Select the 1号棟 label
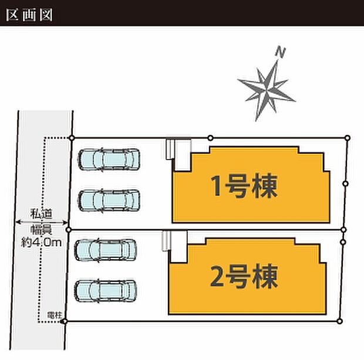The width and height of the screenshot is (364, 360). coord(244,188)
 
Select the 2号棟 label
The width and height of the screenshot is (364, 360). coord(244,276)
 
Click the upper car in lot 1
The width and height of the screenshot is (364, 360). coord(110,159)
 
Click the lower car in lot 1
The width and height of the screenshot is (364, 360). coord(110,200)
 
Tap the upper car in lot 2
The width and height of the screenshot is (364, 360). coord(106,250)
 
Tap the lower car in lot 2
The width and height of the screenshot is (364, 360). coord(106,290)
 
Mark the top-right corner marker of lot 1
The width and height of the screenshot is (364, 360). coord(347,138)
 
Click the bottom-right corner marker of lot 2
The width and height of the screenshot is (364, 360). coord(339,321)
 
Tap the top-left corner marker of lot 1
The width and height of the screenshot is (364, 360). coord(72,138)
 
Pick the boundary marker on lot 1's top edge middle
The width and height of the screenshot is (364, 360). coord(210,138)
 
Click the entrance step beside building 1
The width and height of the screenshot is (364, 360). coord(170,149)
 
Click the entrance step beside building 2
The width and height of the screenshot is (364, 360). coord(167,240)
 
